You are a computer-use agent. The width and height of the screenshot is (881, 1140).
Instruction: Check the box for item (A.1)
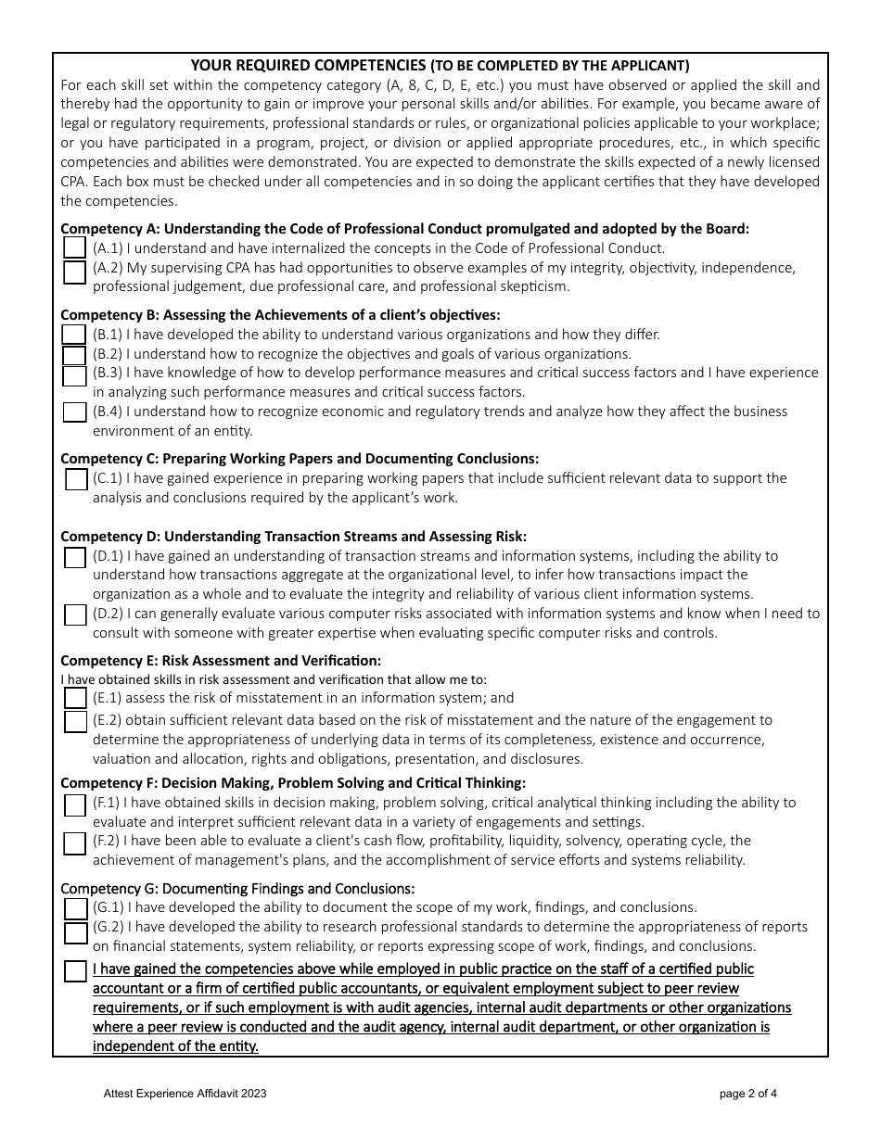tap(75, 248)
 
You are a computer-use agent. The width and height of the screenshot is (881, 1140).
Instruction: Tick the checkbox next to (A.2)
tap(75, 272)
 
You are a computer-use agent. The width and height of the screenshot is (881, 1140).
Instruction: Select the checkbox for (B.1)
tap(74, 335)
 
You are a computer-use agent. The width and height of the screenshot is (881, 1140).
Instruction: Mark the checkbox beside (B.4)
tap(75, 412)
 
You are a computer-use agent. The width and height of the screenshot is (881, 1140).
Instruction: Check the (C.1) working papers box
tap(77, 479)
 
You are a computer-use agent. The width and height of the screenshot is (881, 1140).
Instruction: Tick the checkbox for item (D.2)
tap(76, 615)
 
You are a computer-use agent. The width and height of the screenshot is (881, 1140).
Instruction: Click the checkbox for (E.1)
tap(76, 699)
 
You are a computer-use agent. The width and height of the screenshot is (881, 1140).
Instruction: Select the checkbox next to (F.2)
tap(75, 843)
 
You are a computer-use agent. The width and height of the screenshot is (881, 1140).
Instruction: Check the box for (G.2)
tap(76, 931)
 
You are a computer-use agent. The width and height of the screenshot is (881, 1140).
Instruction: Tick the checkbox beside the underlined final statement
tap(76, 971)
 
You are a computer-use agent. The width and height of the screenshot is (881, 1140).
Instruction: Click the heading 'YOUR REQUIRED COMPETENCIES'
tap(307, 66)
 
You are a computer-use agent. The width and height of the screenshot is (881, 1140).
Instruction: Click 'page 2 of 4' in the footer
tap(747, 1094)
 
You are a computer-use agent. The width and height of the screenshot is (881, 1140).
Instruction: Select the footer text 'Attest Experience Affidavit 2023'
tap(185, 1094)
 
